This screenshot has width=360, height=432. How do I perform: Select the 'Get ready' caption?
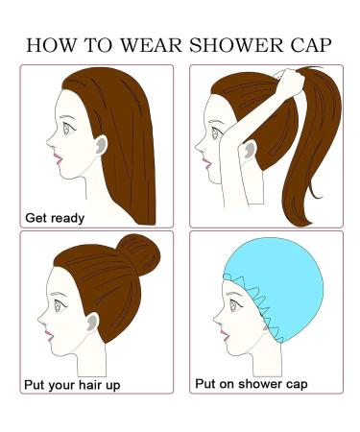56,217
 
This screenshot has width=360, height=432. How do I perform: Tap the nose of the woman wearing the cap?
213,311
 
